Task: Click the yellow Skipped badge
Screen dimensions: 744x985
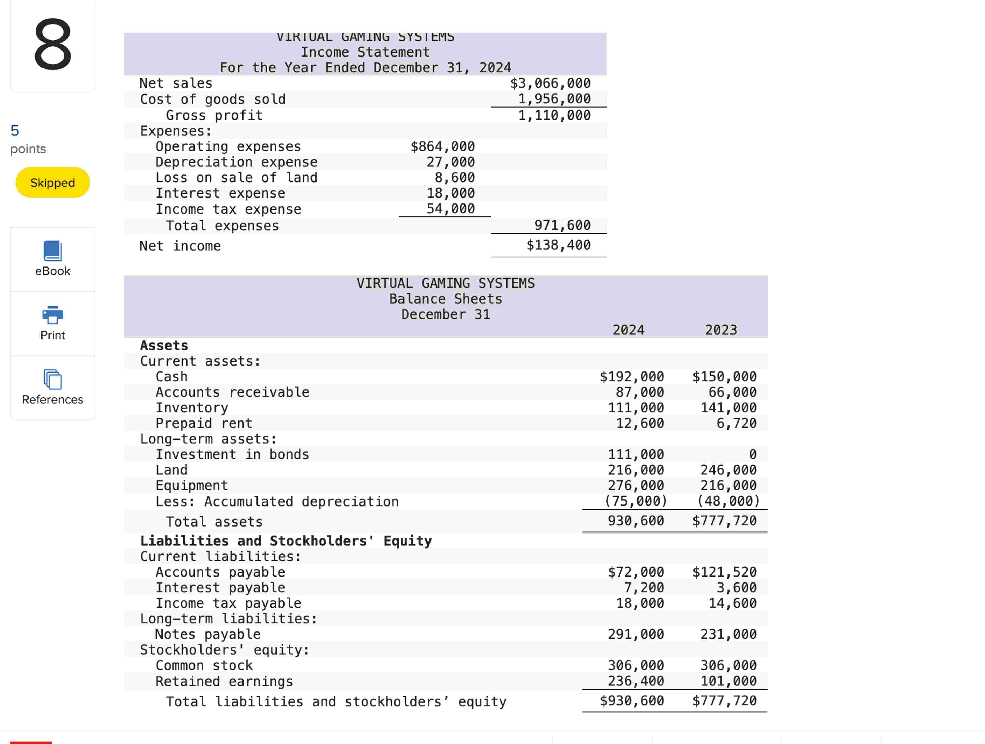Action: point(53,183)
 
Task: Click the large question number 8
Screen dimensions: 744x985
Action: point(53,45)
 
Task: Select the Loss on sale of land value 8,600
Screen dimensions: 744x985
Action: point(454,178)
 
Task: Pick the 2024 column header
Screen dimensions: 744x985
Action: point(628,330)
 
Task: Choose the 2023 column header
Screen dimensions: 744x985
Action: point(721,330)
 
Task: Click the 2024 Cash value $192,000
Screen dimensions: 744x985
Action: point(632,377)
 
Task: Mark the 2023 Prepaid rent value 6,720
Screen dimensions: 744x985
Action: point(736,423)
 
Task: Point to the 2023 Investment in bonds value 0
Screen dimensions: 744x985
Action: point(753,454)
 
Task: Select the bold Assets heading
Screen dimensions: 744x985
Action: point(164,346)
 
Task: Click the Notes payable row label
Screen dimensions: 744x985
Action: point(207,635)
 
